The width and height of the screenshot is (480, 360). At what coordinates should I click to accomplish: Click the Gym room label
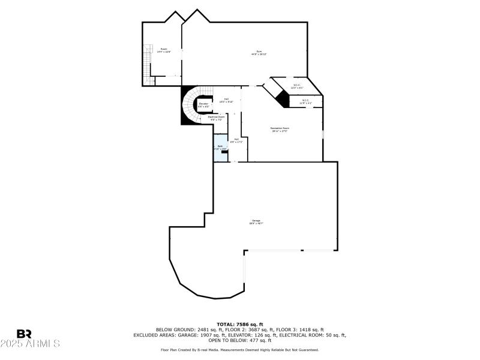259,53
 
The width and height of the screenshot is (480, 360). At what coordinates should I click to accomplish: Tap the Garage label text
256,222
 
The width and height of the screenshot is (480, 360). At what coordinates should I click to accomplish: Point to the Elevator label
204,106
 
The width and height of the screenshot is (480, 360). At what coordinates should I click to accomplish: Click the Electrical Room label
216,118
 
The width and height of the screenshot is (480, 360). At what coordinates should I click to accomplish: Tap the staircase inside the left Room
146,64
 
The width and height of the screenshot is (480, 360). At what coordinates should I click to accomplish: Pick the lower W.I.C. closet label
305,102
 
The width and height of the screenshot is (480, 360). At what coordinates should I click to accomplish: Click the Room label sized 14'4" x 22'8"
164,50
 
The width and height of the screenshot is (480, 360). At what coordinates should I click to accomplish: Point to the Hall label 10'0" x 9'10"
226,101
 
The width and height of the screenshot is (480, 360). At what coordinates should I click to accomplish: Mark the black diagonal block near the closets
283,95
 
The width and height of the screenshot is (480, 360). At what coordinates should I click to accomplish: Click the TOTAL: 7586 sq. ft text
239,325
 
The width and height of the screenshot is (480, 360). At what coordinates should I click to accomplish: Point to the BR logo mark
25,334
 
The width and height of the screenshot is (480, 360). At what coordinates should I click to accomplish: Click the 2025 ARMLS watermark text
30,344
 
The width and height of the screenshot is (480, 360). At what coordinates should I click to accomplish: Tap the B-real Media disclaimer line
239,350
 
